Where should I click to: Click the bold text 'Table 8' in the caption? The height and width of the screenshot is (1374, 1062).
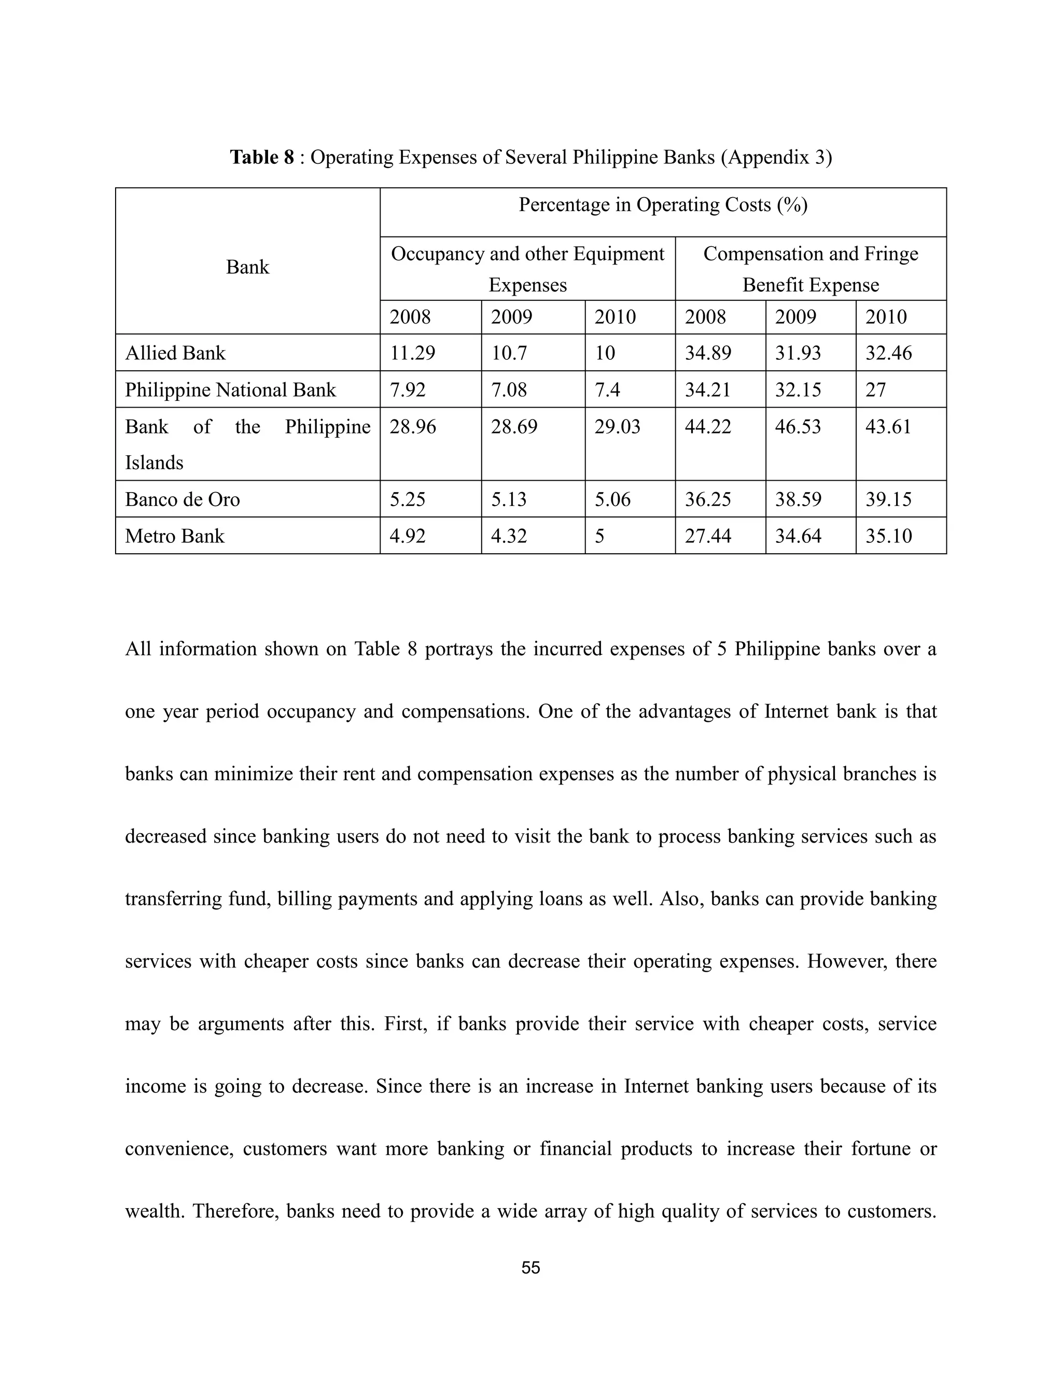[262, 157]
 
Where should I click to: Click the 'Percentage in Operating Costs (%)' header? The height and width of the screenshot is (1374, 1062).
[663, 205]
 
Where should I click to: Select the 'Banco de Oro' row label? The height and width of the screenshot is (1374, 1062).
[183, 499]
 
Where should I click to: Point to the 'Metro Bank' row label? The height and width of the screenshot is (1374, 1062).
[174, 536]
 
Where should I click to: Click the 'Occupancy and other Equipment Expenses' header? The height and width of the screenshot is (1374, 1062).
[527, 269]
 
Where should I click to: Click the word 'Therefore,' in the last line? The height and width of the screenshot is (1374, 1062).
[235, 1211]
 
